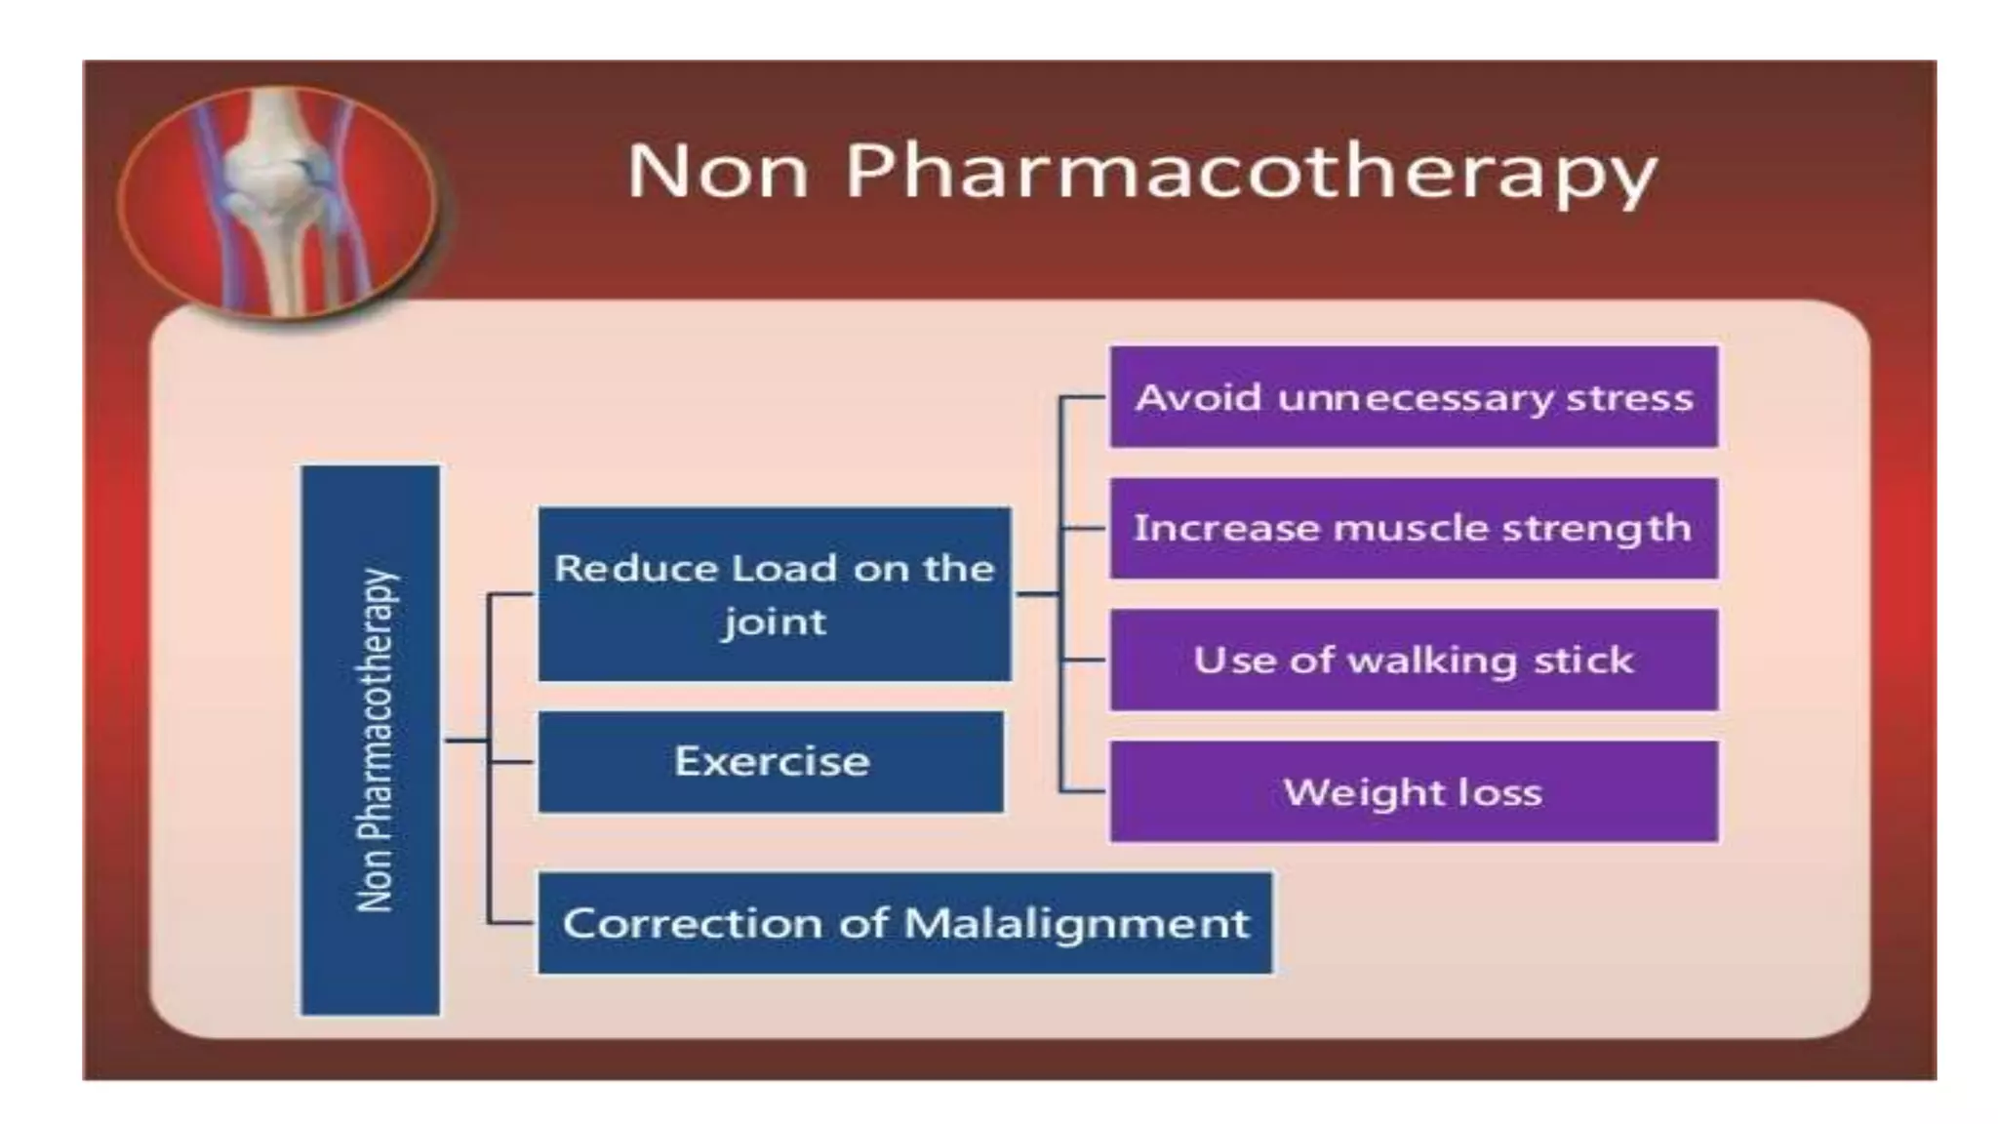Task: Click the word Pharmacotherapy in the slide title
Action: coord(1251,174)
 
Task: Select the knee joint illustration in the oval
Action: coord(278,200)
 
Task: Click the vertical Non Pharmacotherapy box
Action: coord(371,740)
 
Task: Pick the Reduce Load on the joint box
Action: coord(774,593)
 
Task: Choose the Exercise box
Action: coord(771,761)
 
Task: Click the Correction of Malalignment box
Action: coord(904,923)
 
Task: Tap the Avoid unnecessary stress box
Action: coord(1413,397)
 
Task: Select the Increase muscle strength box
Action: coord(1413,528)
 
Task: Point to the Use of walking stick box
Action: coord(1413,660)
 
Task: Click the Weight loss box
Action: coord(1413,791)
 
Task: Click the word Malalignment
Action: coord(1077,923)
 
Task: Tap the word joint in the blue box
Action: coord(774,622)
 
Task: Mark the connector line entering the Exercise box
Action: coord(510,761)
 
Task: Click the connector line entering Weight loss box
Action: coord(1083,790)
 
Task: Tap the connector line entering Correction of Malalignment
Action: coord(510,922)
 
